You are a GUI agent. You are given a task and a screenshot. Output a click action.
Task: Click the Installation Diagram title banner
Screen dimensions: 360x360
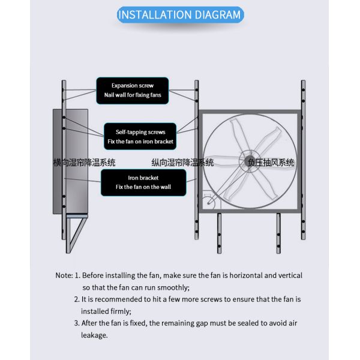coord(179,14)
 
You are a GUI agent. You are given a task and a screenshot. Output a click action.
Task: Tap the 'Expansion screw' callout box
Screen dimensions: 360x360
coord(133,90)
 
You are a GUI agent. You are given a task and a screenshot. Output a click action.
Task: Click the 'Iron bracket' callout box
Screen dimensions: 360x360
coord(143,182)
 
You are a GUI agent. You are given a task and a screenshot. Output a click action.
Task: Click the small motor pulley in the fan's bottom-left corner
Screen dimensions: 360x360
coord(209,202)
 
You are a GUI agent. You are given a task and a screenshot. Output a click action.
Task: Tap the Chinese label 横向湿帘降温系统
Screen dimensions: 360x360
coord(84,163)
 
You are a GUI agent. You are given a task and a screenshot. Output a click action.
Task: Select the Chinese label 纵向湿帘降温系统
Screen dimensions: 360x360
coord(182,163)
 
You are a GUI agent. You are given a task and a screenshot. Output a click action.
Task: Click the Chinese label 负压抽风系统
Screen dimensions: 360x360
coord(271,163)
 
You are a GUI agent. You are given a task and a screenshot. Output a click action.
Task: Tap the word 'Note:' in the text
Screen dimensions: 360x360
coord(64,275)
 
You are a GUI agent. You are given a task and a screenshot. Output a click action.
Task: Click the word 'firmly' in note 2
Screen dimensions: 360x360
coord(118,311)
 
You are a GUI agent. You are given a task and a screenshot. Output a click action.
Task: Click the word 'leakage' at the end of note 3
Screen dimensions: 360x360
coord(94,335)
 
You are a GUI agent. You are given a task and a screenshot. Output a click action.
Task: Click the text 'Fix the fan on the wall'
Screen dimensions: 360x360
coord(143,187)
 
